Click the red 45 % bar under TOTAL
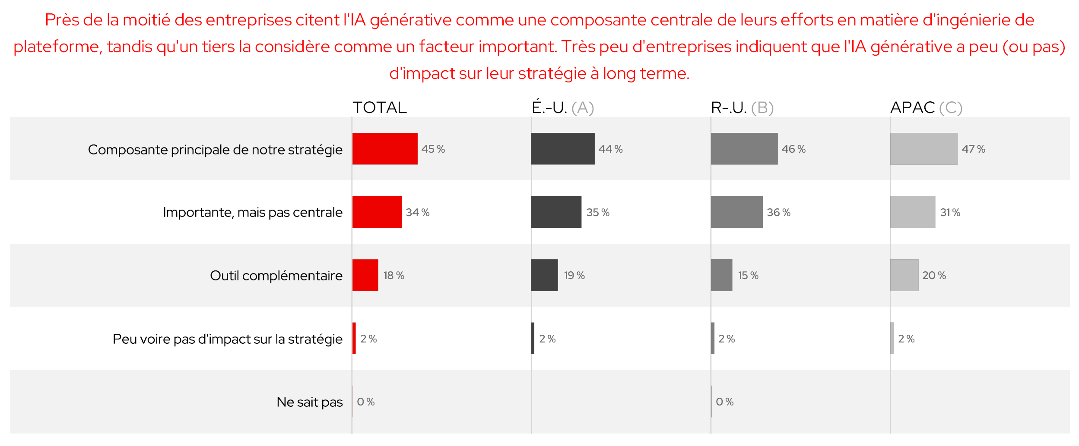tap(385, 149)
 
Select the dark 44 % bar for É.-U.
tap(562, 149)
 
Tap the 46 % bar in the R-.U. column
tap(744, 149)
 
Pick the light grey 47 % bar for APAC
tap(923, 149)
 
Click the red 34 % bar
tap(377, 212)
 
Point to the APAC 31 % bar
tap(912, 212)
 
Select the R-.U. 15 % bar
tap(721, 275)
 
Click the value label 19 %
tap(574, 276)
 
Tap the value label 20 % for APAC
tap(934, 276)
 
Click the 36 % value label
tap(778, 212)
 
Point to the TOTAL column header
tap(380, 107)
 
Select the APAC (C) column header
tap(926, 107)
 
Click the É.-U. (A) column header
tap(562, 107)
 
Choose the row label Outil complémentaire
tap(276, 276)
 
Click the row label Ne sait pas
tap(309, 402)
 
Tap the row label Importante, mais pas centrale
tap(252, 212)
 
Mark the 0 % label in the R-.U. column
tap(724, 402)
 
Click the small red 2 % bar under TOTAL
tap(354, 339)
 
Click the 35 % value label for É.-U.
tap(597, 212)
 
